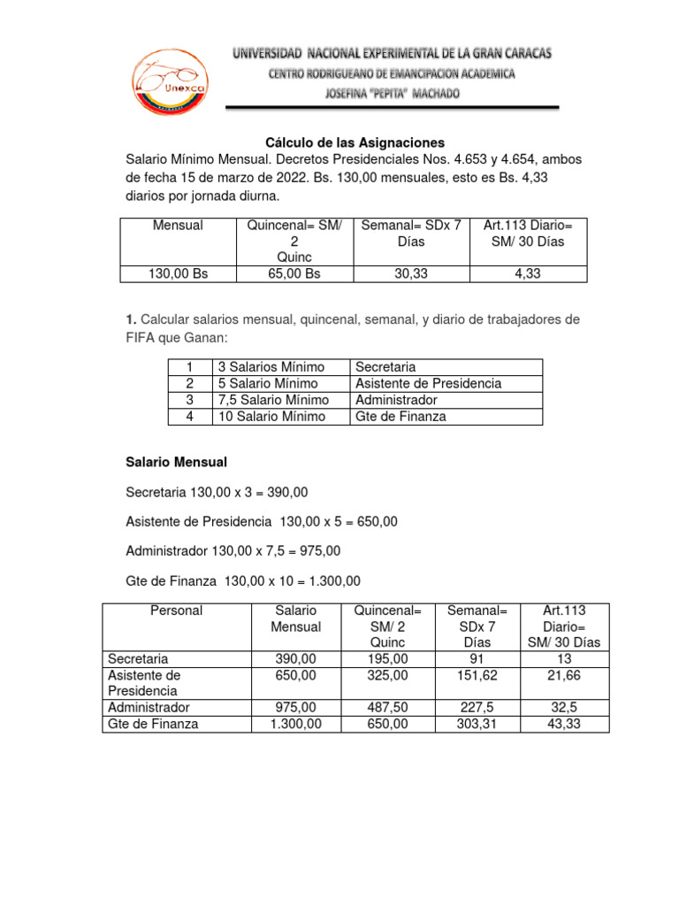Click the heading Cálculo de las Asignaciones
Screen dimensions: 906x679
coord(355,142)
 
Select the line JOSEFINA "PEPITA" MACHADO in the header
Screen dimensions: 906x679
coord(393,93)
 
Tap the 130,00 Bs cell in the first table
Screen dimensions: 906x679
coord(178,274)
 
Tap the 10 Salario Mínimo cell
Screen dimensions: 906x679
coord(271,417)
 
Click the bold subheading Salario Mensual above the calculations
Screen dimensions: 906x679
coord(177,462)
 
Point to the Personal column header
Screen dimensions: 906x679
coord(176,610)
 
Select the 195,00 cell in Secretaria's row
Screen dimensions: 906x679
coord(386,659)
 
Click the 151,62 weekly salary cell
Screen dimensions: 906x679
coord(477,675)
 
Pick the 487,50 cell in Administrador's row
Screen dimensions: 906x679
coord(386,708)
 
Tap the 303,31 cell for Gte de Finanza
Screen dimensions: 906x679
coord(477,724)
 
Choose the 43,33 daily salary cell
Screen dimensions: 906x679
coord(564,724)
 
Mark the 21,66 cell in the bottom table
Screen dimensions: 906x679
coord(564,675)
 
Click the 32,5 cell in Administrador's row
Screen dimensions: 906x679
coord(564,708)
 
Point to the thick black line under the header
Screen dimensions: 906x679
coord(393,108)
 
